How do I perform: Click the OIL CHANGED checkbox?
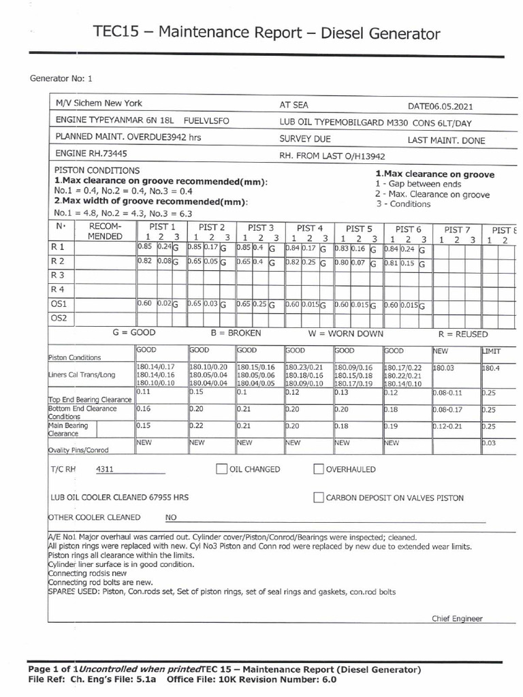click(x=221, y=469)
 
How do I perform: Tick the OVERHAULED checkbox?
click(x=318, y=469)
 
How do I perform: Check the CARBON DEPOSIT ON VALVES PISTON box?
click(x=318, y=498)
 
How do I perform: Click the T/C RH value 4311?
click(x=105, y=469)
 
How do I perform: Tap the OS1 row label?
click(x=59, y=304)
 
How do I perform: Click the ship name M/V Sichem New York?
click(x=99, y=103)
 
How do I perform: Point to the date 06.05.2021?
click(x=450, y=106)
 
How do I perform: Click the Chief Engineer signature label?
click(x=457, y=618)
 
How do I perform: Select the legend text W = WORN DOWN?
click(x=346, y=334)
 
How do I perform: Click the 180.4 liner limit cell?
click(x=491, y=368)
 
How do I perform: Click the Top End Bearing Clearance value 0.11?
click(x=143, y=392)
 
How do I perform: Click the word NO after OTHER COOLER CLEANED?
click(x=171, y=517)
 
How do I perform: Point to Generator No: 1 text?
click(x=61, y=78)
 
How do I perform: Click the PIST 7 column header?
click(x=457, y=229)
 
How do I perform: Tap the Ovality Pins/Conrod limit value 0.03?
click(x=490, y=443)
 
